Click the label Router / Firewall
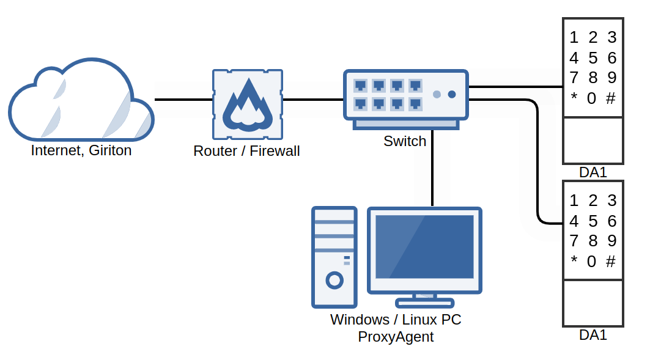pyautogui.click(x=246, y=151)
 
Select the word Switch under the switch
pyautogui.click(x=405, y=141)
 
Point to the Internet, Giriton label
pyautogui.click(x=81, y=150)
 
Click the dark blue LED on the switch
pyautogui.click(x=452, y=94)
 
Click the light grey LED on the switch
pyautogui.click(x=437, y=94)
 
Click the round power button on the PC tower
pyautogui.click(x=334, y=281)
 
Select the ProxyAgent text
pyautogui.click(x=396, y=336)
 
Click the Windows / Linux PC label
pyautogui.click(x=396, y=320)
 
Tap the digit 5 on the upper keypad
pyautogui.click(x=593, y=58)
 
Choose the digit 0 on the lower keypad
pyautogui.click(x=591, y=262)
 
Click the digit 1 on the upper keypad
pyautogui.click(x=574, y=38)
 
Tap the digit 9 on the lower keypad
pyautogui.click(x=611, y=241)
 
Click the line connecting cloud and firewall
pyautogui.click(x=183, y=99)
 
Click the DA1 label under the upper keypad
pyautogui.click(x=593, y=173)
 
